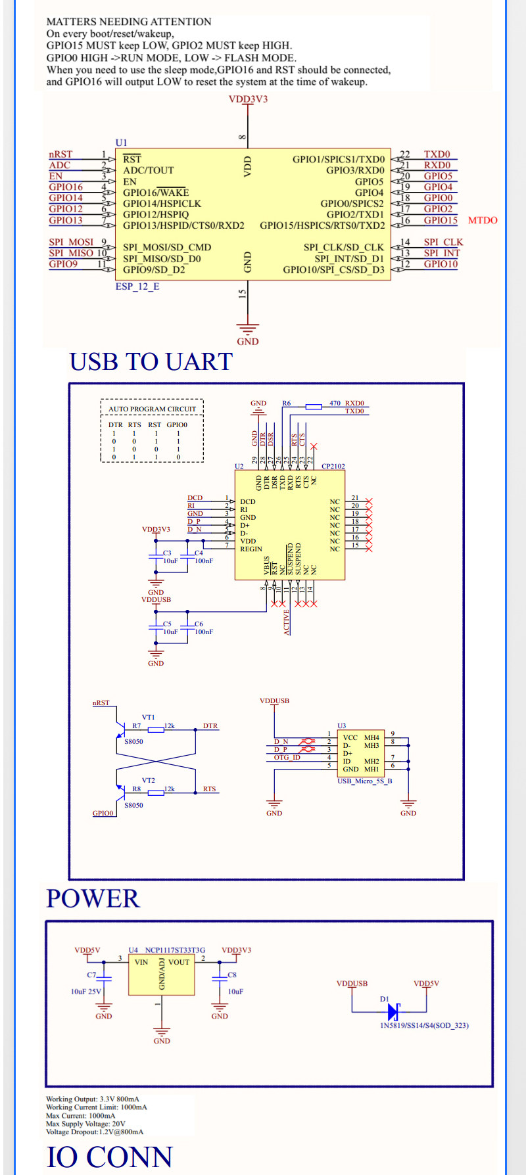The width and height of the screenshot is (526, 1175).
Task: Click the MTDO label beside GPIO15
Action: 483,220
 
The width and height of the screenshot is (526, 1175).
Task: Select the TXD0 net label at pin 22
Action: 437,154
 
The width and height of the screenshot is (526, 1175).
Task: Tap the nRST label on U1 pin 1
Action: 60,154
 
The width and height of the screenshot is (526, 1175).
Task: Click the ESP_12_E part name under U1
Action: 137,287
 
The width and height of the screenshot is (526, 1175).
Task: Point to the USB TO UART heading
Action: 151,362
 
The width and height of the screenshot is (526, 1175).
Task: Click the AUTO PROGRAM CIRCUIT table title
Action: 152,409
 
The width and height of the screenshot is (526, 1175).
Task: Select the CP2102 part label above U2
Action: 333,466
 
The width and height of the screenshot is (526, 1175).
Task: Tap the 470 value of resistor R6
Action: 335,403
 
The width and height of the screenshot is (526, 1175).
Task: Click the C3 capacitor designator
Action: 167,553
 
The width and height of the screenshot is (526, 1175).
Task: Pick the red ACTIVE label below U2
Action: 287,622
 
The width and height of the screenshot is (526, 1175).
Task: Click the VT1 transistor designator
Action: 148,718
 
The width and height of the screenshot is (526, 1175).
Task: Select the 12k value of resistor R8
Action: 169,789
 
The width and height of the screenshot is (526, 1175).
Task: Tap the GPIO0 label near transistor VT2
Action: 103,813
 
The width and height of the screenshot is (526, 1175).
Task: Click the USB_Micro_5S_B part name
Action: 364,781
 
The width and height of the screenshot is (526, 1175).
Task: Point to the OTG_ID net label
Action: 287,758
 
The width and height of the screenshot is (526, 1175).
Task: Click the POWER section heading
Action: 93,899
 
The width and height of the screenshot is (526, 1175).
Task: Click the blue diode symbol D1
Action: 394,1011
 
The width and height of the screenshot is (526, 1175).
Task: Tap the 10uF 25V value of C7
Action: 86,992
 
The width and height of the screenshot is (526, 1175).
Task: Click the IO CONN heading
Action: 109,1157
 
